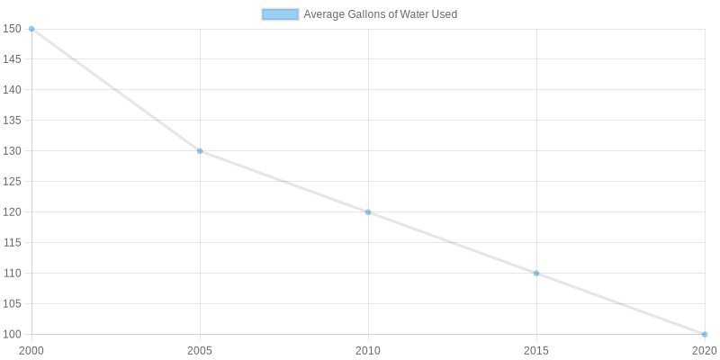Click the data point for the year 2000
[x=31, y=29]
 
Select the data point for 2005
[x=200, y=151]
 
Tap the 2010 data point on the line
[x=368, y=212]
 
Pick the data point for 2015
[x=536, y=274]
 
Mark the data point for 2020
[x=704, y=335]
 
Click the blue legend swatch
[x=280, y=14]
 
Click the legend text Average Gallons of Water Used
[x=381, y=14]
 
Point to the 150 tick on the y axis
[x=12, y=29]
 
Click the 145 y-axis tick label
[x=12, y=59]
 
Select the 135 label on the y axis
[x=12, y=121]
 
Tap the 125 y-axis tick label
[x=12, y=182]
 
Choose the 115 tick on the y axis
[x=12, y=243]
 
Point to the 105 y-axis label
[x=12, y=304]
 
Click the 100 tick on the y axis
[x=12, y=335]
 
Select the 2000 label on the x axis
[x=31, y=349]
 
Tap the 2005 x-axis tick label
[x=200, y=349]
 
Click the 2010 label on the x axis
[x=368, y=349]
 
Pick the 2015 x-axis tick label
[x=536, y=349]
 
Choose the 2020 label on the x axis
[x=704, y=349]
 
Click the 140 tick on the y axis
[x=12, y=90]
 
